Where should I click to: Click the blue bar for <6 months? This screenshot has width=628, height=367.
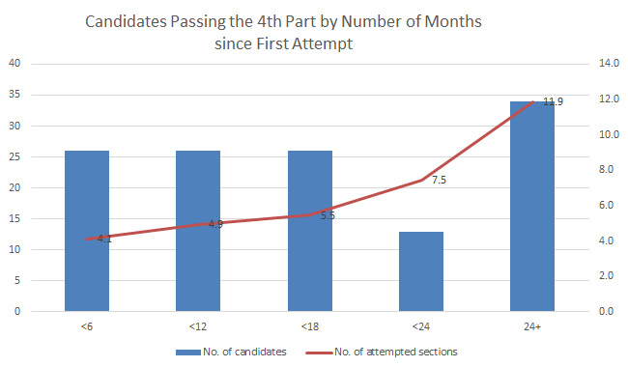87,231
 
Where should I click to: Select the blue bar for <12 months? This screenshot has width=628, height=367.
198,231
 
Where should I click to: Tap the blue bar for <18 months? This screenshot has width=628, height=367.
309,231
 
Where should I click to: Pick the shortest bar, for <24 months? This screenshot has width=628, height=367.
421,271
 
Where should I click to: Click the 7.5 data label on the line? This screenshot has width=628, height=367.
439,181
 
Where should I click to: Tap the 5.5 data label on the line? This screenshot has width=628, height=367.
328,215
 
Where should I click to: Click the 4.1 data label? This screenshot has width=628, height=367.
104,239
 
